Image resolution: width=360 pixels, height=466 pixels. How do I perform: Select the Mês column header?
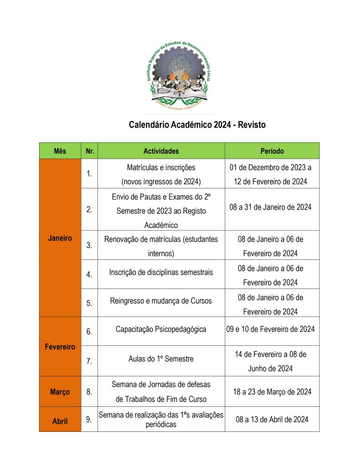[x=60, y=151]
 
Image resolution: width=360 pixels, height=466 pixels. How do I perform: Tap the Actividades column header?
[x=161, y=151]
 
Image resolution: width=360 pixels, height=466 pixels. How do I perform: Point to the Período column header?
[x=272, y=151]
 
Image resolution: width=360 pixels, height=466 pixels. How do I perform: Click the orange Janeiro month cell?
[x=60, y=238]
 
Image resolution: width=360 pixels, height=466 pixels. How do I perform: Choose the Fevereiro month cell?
[x=60, y=347]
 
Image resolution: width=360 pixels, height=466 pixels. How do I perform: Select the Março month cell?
[x=60, y=392]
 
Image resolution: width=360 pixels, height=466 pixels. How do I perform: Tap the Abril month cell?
[x=60, y=421]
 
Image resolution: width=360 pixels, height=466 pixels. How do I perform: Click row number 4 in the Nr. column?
[x=89, y=274]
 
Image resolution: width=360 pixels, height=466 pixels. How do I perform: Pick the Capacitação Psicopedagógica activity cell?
[x=161, y=329]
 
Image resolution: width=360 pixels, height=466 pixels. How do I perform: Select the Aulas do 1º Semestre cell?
[x=161, y=359]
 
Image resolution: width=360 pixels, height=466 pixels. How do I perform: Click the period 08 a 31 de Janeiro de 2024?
[x=270, y=208]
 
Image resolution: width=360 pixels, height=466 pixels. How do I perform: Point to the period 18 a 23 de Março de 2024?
[x=272, y=392]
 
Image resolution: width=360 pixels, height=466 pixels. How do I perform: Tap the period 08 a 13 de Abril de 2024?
[x=272, y=419]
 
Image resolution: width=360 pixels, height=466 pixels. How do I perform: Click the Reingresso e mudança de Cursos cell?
[x=161, y=301]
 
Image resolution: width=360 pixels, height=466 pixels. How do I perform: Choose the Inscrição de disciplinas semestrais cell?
[x=161, y=273]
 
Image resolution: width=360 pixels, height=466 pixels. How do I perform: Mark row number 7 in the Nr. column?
[x=89, y=361]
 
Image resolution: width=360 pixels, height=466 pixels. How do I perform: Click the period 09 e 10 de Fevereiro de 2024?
[x=270, y=329]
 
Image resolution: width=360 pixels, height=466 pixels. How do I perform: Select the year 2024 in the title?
[x=223, y=125]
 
